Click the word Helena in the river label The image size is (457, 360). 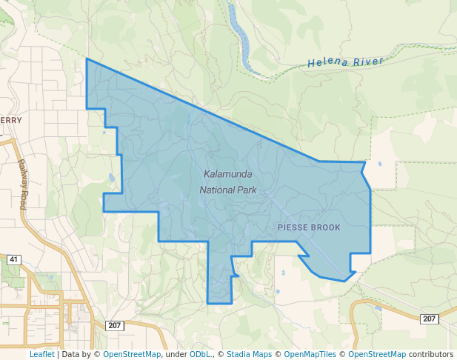pos(327,63)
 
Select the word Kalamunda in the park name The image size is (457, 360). pos(227,174)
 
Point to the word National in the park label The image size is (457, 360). pos(217,190)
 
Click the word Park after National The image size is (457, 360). pos(247,190)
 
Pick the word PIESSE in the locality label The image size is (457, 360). pos(293,227)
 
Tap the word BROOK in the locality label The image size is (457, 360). pos(326,227)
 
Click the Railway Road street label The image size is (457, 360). pos(22,184)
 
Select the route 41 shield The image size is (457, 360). pos(13,260)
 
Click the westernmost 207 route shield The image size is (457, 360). pos(113,326)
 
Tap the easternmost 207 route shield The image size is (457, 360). pos(429,319)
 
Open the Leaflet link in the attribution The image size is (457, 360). pos(41,355)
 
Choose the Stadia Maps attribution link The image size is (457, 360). pos(249,355)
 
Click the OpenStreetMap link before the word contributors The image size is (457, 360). pos(377,355)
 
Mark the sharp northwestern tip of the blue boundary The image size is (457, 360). pos(87,59)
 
